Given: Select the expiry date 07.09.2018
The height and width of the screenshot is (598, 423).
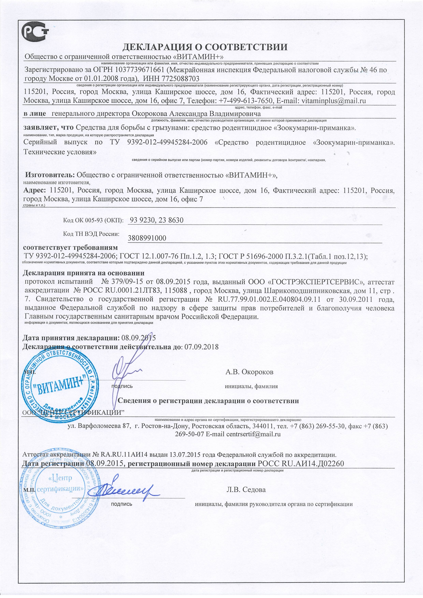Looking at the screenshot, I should [x=201, y=347].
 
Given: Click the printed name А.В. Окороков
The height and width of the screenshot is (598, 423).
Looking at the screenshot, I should [x=250, y=372].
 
